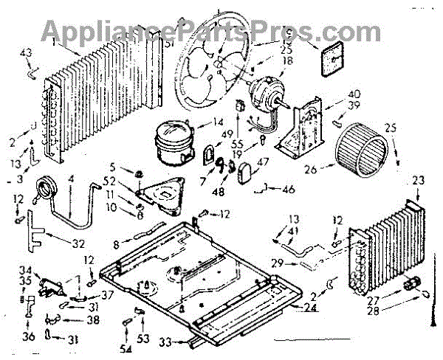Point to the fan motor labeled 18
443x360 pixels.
(264, 94)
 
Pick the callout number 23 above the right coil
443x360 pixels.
(419, 179)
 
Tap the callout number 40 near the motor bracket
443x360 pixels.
(333, 94)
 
